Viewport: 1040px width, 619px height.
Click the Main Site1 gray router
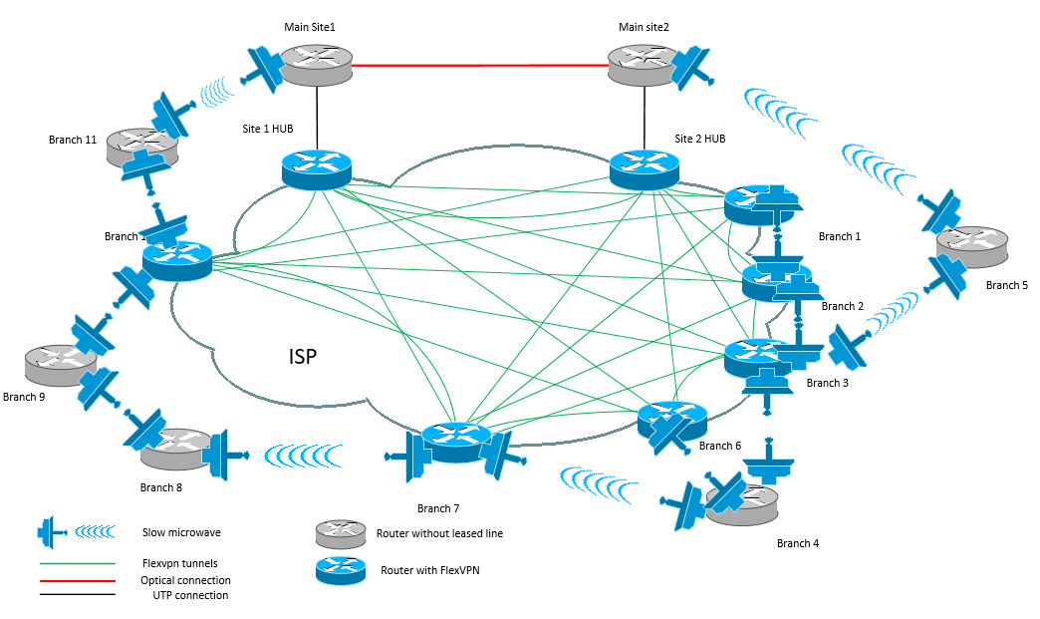pyautogui.click(x=317, y=66)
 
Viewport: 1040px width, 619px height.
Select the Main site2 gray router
pyautogui.click(x=644, y=66)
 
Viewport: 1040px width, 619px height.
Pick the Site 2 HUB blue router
pyautogui.click(x=644, y=167)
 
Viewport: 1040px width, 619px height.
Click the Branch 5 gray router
pyautogui.click(x=971, y=247)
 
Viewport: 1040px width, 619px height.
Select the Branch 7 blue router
pyautogui.click(x=456, y=441)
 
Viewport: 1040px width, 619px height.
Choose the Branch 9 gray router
pyautogui.click(x=60, y=365)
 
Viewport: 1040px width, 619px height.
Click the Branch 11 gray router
pyautogui.click(x=142, y=146)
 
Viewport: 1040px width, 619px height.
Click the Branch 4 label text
pyautogui.click(x=798, y=543)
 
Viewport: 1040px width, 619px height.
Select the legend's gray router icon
pyautogui.click(x=341, y=533)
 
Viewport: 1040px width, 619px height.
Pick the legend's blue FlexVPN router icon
pyautogui.click(x=341, y=570)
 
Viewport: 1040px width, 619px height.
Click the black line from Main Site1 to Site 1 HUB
pyautogui.click(x=317, y=115)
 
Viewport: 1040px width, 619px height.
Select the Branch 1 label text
pyautogui.click(x=839, y=236)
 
